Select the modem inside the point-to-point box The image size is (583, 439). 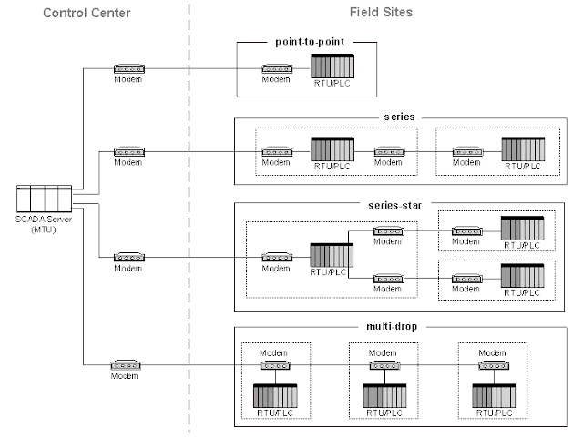pos(276,69)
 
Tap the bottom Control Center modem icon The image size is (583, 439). pos(124,364)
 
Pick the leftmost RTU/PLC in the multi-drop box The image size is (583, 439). pos(275,396)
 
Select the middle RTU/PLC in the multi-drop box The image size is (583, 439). pos(384,396)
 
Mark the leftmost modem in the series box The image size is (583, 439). pos(276,151)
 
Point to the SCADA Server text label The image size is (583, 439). pos(43,224)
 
